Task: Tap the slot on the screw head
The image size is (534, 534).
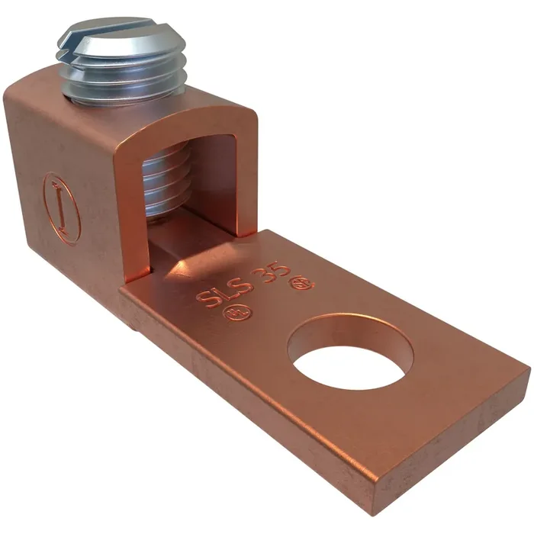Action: [x=114, y=31]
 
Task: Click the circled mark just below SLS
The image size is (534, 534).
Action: [x=228, y=314]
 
